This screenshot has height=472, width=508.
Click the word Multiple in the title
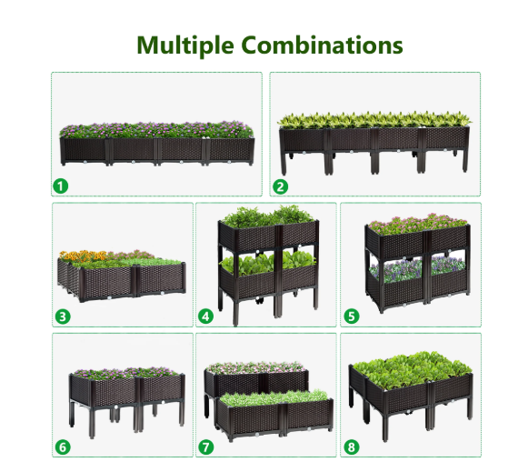tap(185, 45)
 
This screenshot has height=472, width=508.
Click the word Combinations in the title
tap(322, 45)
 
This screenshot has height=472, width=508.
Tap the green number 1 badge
tap(61, 186)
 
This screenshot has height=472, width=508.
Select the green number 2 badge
tap(280, 186)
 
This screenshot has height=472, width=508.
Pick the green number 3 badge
tap(63, 316)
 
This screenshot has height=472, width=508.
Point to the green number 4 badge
tap(206, 316)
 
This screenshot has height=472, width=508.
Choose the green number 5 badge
tap(352, 316)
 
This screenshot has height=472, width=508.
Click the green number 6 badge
tap(63, 447)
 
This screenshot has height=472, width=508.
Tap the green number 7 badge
tap(206, 447)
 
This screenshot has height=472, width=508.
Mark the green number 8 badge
tap(352, 447)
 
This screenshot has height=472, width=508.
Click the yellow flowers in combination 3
tap(83, 256)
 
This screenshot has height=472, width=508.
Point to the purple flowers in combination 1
tap(156, 130)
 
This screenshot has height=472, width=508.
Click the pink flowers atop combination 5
tap(418, 223)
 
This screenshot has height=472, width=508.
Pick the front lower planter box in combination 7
tap(274, 419)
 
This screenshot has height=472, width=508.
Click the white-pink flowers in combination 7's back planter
tap(256, 367)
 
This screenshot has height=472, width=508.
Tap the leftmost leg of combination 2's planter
tap(284, 163)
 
